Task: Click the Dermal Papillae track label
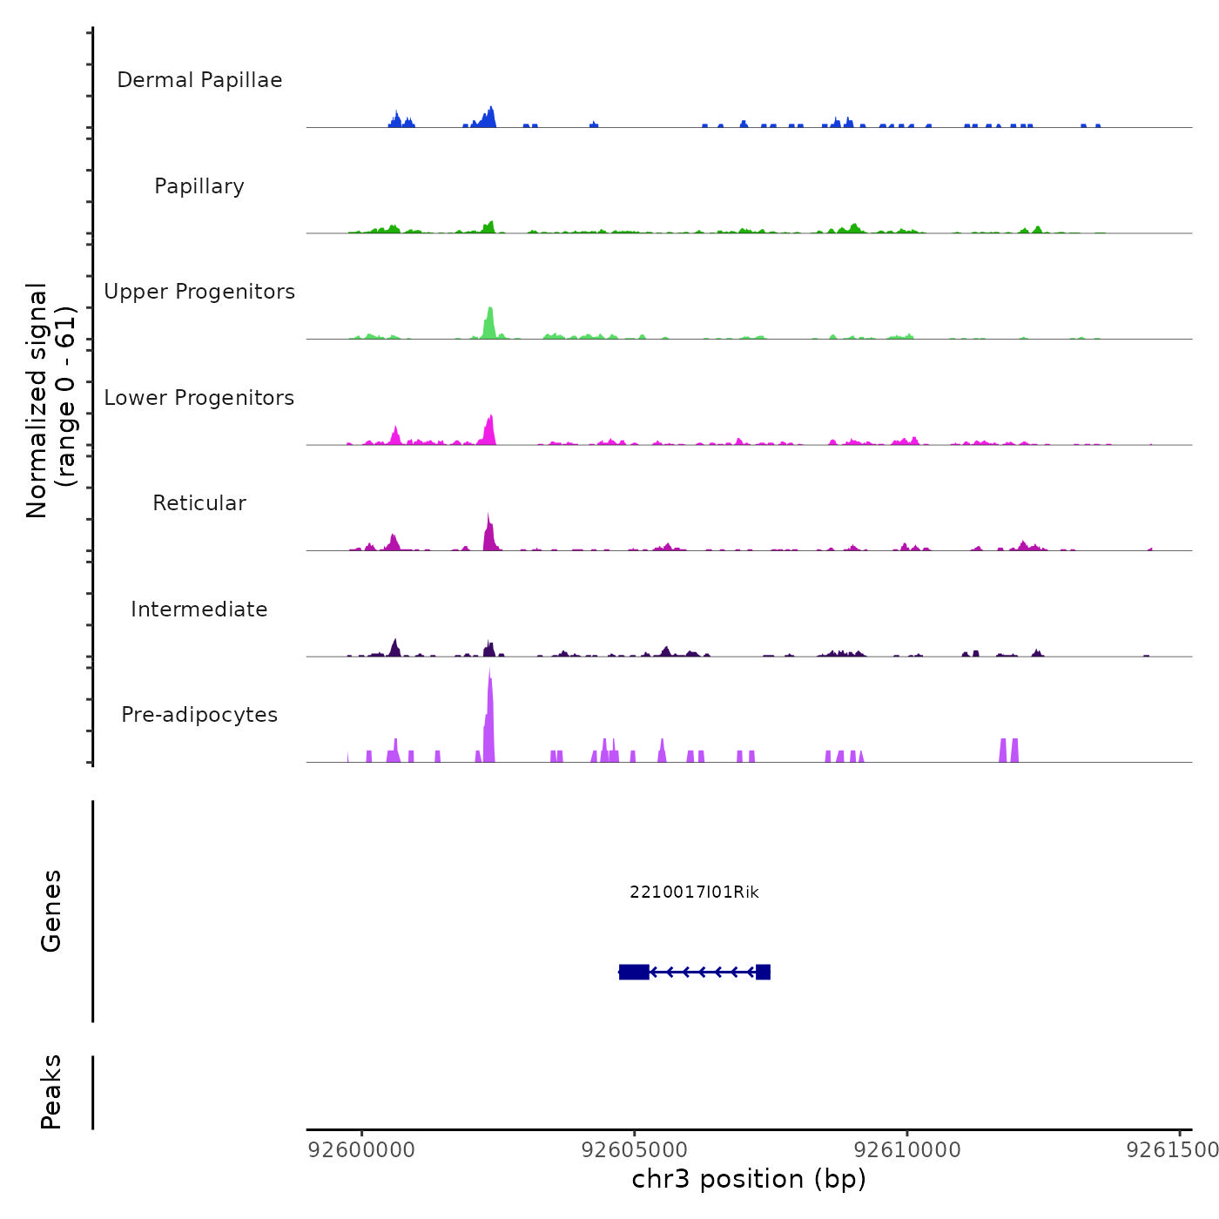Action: pyautogui.click(x=199, y=80)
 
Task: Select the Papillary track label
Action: pyautogui.click(x=199, y=186)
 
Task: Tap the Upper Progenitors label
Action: pyautogui.click(x=199, y=292)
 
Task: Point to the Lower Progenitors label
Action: pyautogui.click(x=199, y=398)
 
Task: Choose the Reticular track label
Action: pyautogui.click(x=199, y=503)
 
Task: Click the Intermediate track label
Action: pyautogui.click(x=199, y=609)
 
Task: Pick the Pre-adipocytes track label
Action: pyautogui.click(x=199, y=715)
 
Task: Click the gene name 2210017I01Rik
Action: pyautogui.click(x=694, y=892)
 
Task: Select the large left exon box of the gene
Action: pyautogui.click(x=634, y=972)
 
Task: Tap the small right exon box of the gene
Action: pyautogui.click(x=763, y=972)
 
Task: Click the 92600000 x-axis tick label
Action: pyautogui.click(x=362, y=1150)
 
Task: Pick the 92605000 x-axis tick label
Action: pyautogui.click(x=635, y=1150)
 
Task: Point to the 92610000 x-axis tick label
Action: pyautogui.click(x=907, y=1150)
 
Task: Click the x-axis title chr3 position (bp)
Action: pyautogui.click(x=749, y=1179)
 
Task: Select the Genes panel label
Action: pyautogui.click(x=51, y=911)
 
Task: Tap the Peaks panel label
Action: pyautogui.click(x=51, y=1092)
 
